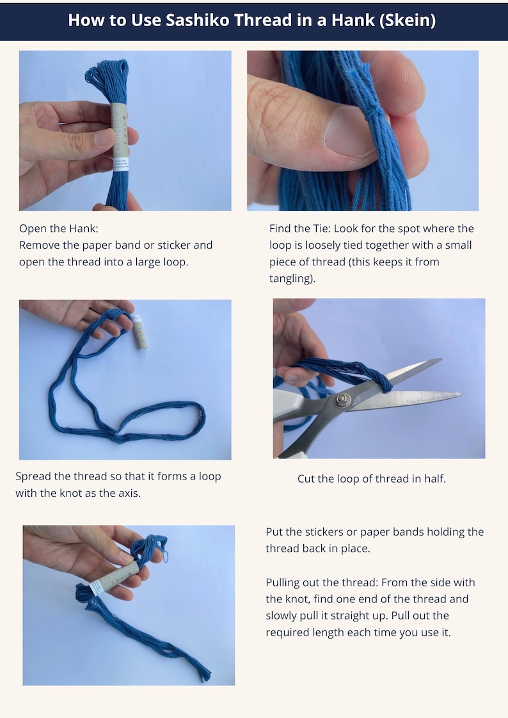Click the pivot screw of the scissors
point(340,400)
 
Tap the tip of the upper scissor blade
point(440,360)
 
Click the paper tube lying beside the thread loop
point(139,332)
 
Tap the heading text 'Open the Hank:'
point(59,228)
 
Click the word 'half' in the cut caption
point(434,478)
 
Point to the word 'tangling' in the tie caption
point(292,278)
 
